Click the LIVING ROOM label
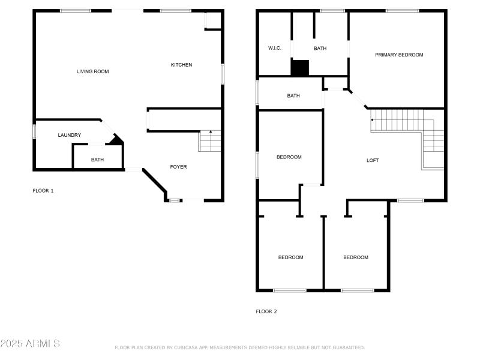pyautogui.click(x=92, y=71)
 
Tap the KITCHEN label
pyautogui.click(x=181, y=65)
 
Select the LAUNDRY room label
pyautogui.click(x=69, y=135)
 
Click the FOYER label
pyautogui.click(x=178, y=167)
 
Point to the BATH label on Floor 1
pyautogui.click(x=97, y=160)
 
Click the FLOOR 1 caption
pyautogui.click(x=43, y=191)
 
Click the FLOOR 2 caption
pyautogui.click(x=266, y=311)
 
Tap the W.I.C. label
pyautogui.click(x=274, y=49)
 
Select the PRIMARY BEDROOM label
pyautogui.click(x=399, y=55)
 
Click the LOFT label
pyautogui.click(x=373, y=160)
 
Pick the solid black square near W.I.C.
pyautogui.click(x=299, y=67)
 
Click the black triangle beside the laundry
pyautogui.click(x=116, y=140)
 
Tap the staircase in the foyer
pyautogui.click(x=210, y=142)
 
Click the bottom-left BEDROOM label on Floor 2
pyautogui.click(x=290, y=257)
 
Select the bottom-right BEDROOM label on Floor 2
pyautogui.click(x=356, y=257)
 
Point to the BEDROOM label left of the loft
pyautogui.click(x=289, y=157)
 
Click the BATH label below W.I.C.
pyautogui.click(x=293, y=96)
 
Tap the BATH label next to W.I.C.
pyautogui.click(x=320, y=49)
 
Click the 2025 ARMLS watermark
pyautogui.click(x=30, y=344)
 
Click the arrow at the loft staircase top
pyautogui.click(x=373, y=120)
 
